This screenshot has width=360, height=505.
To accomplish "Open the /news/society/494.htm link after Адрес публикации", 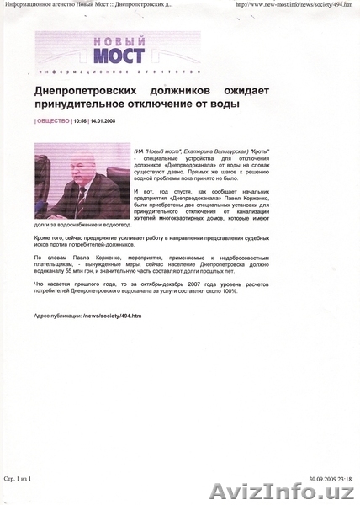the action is tap(113, 316).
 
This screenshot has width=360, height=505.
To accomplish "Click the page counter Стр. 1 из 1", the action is tap(19, 479).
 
